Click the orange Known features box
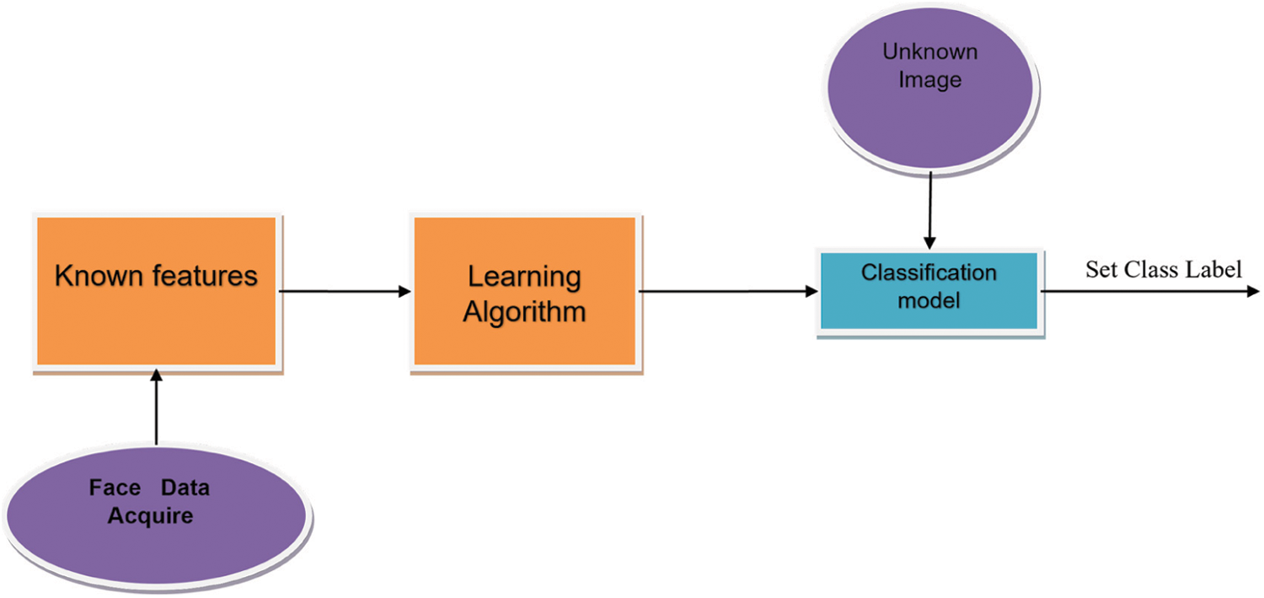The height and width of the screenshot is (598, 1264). (x=156, y=291)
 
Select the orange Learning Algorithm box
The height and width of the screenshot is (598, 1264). (x=523, y=291)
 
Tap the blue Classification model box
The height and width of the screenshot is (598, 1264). (x=929, y=290)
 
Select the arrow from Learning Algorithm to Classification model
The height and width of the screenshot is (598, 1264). (x=728, y=292)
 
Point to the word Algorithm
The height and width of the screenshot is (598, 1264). (x=526, y=312)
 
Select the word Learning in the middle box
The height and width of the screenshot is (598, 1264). (x=524, y=277)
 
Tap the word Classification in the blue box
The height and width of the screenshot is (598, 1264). (x=929, y=273)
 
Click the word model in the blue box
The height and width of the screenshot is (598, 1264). (x=929, y=299)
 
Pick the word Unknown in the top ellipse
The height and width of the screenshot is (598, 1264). (x=929, y=51)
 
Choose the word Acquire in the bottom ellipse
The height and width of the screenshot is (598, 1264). (x=150, y=514)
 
